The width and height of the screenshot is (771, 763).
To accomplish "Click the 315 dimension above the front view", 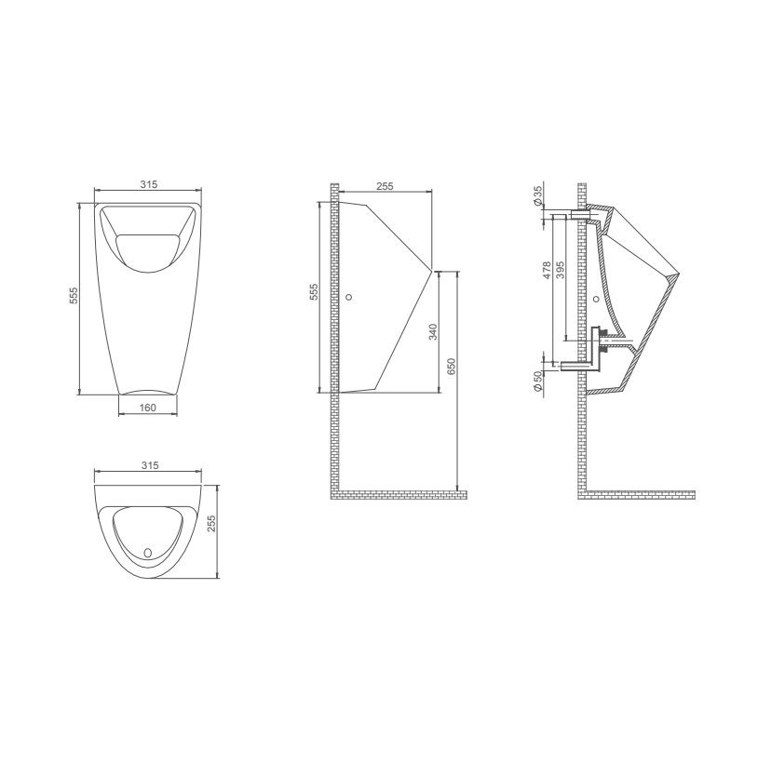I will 148,185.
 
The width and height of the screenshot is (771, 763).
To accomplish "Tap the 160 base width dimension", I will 148,408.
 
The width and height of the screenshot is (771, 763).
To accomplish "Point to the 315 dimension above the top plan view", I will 148,464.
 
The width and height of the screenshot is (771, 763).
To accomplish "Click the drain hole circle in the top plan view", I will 147,552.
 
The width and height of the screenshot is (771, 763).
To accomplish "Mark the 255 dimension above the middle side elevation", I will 385,186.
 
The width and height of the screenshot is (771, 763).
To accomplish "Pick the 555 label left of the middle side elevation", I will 314,294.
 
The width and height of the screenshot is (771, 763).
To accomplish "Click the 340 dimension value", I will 433,331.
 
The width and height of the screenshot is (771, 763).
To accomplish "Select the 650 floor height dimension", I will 452,367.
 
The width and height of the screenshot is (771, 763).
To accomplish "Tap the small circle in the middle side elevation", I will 349,297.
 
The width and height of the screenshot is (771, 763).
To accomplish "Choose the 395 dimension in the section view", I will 560,270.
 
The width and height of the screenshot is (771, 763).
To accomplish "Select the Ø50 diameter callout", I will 538,381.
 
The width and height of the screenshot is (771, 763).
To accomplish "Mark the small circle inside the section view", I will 596,299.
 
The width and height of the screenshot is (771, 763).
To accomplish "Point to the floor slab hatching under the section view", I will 642,492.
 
